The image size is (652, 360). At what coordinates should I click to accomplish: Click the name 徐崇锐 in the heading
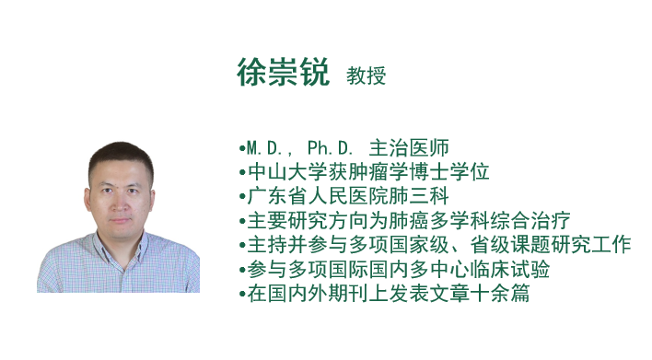point(283,73)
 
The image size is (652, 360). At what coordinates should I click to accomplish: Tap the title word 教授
point(366,75)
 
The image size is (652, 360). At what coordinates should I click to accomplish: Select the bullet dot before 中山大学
point(241,172)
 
